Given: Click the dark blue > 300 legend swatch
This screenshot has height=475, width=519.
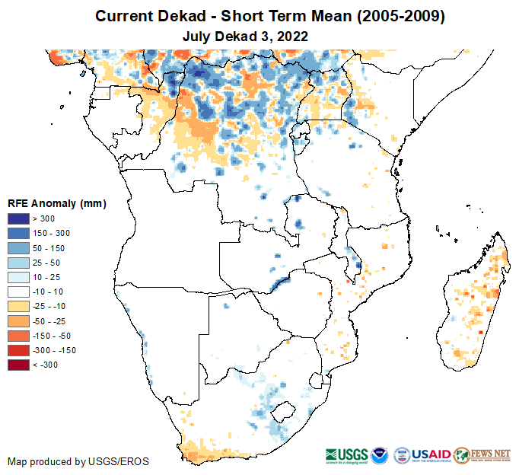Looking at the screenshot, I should click(x=19, y=219).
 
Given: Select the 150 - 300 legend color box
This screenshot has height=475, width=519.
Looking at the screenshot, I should click(x=19, y=234).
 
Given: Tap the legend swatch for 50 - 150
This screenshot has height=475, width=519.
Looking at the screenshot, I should click(x=19, y=248).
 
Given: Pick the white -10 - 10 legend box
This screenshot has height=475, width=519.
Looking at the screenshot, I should click(x=19, y=292).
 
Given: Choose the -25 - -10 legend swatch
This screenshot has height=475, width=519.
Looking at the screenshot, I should click(x=19, y=306).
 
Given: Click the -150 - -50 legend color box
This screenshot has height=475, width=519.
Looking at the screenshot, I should click(x=19, y=336).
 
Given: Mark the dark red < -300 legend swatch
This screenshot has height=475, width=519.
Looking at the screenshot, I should click(x=19, y=365).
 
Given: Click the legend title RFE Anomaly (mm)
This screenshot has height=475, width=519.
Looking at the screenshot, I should click(x=56, y=203).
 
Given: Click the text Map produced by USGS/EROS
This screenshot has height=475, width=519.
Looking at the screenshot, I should click(x=78, y=461).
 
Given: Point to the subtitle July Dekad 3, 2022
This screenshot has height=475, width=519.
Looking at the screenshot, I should click(x=244, y=35).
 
